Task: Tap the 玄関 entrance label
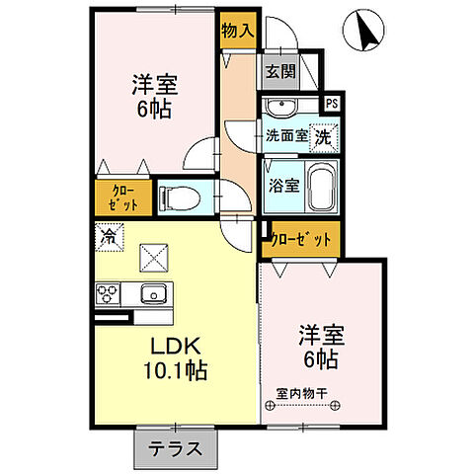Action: pos(279,71)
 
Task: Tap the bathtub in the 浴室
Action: pos(319,188)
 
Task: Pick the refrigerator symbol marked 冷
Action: pos(110,237)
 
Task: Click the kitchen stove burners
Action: pos(109,294)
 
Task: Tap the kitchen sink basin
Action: pos(154,294)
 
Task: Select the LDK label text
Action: pos(177,348)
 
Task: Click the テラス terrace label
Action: pos(176,448)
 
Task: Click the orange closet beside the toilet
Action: pos(123,197)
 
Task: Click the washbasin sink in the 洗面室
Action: pos(286,107)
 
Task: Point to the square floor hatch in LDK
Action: pos(153,260)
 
